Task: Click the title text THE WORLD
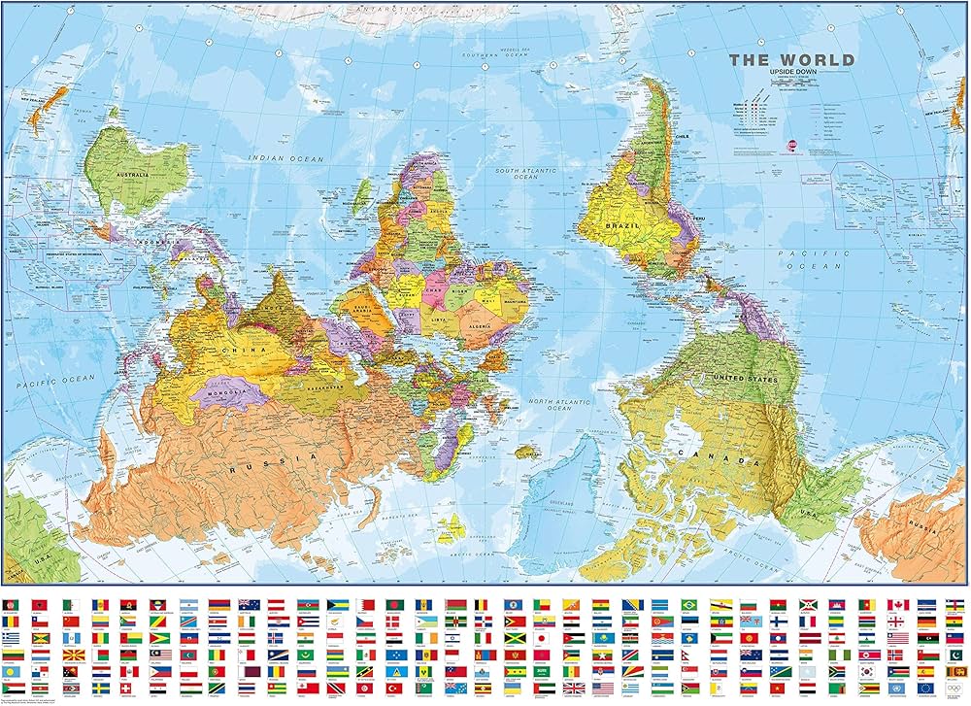791,59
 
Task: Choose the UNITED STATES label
746,378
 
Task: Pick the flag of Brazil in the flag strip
690,604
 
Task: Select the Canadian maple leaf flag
896,604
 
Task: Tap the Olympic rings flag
955,689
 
